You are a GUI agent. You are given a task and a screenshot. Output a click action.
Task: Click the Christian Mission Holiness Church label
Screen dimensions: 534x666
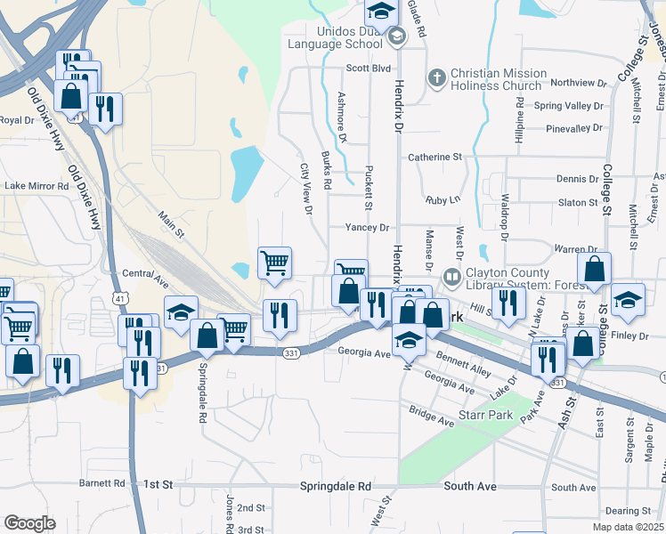[499, 79]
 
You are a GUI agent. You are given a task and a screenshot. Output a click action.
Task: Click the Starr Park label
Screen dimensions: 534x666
[495, 418]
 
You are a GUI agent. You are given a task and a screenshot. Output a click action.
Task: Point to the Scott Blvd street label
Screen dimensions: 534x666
[369, 68]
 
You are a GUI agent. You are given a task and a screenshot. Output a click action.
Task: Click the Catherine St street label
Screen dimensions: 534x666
[435, 157]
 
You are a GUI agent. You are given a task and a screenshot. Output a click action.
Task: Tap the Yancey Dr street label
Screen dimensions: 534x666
[368, 228]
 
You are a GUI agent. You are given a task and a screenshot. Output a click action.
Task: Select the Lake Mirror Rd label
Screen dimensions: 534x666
[37, 186]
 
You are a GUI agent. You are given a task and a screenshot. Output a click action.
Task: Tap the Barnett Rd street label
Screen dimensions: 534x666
[102, 483]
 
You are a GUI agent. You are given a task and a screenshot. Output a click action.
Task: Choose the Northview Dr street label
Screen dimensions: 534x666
[578, 83]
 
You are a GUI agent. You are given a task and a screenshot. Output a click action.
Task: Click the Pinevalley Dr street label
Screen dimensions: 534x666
[575, 128]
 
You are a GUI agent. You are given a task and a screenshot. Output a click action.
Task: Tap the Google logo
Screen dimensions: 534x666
[29, 523]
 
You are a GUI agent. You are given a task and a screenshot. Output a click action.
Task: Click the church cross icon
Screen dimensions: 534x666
[436, 78]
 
